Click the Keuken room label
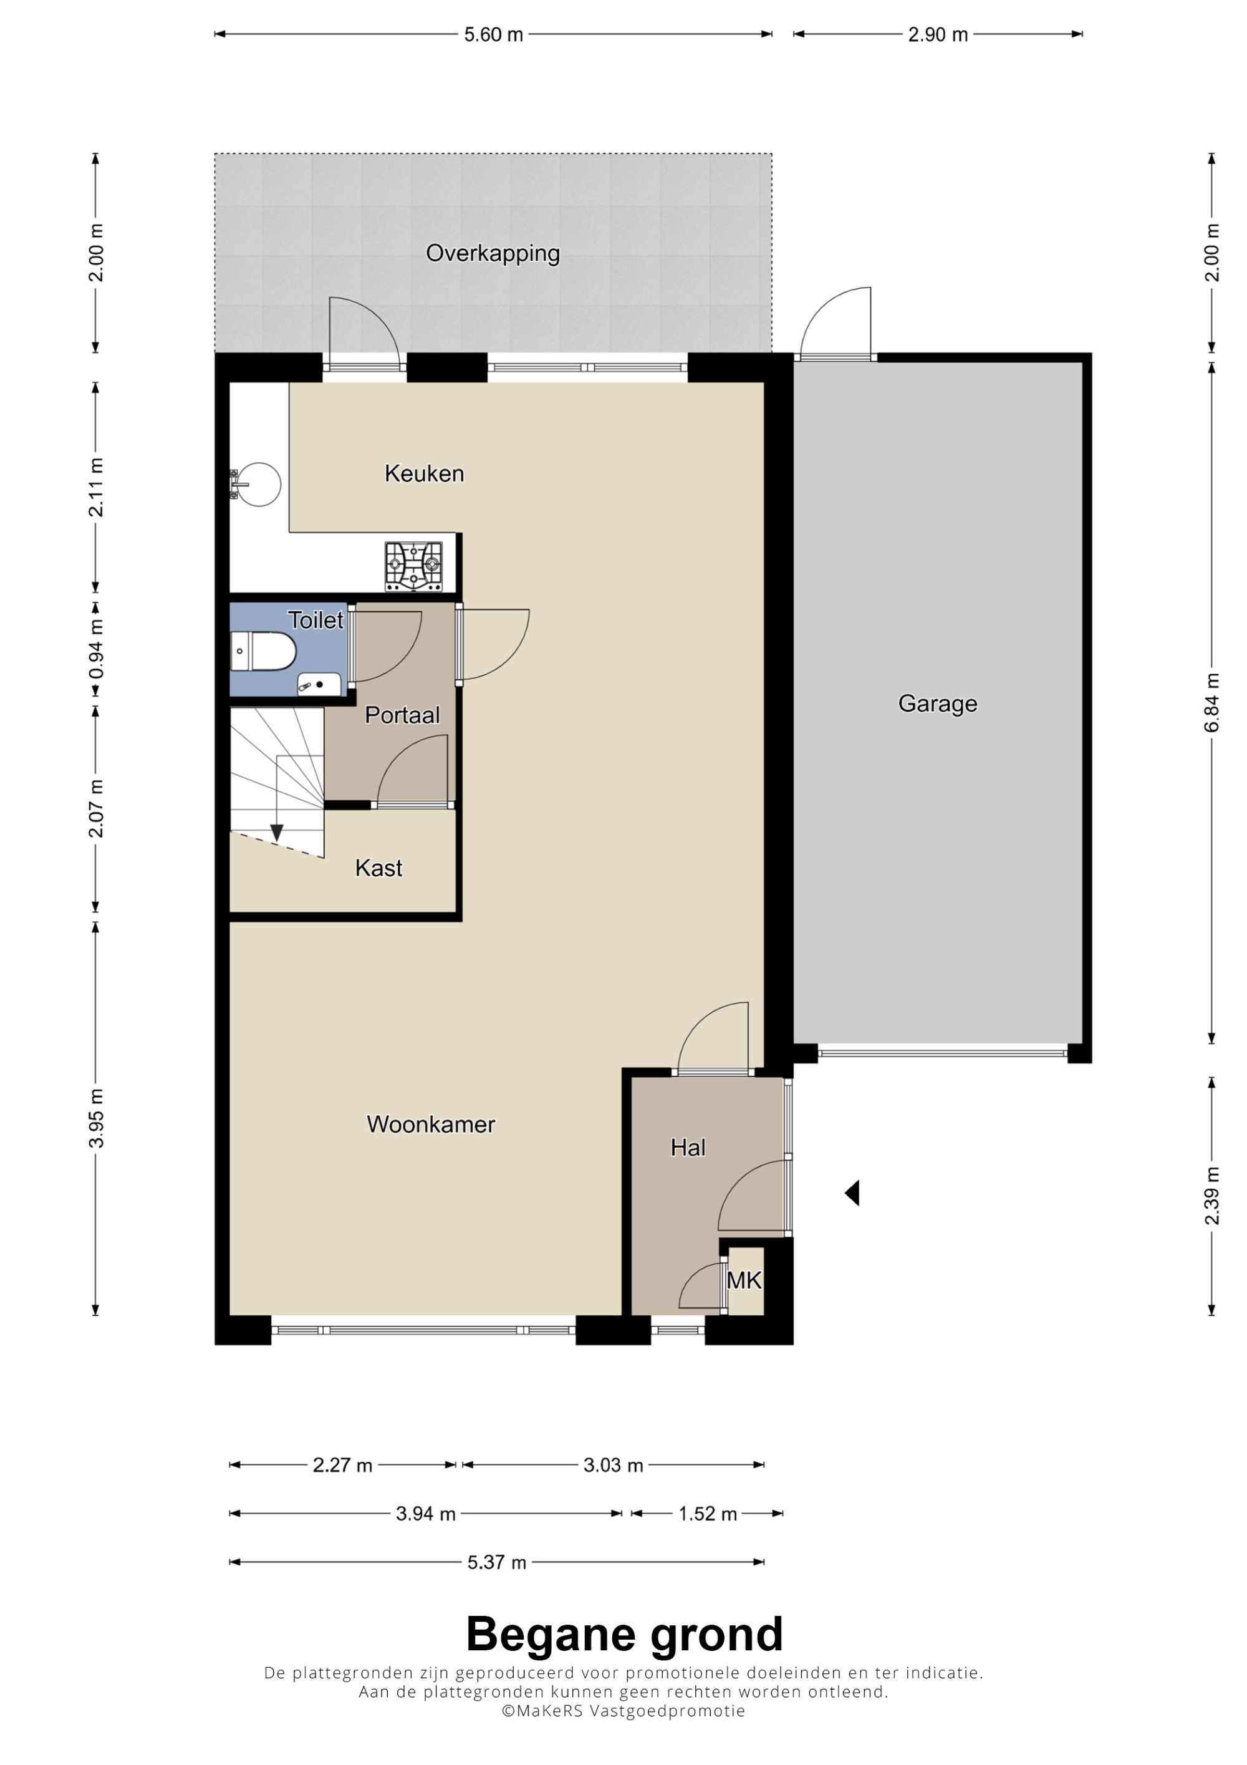click(x=424, y=473)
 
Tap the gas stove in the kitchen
click(x=414, y=566)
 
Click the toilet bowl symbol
click(x=262, y=652)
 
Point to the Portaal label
click(x=402, y=715)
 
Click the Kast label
click(x=379, y=868)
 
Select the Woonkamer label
click(x=431, y=1124)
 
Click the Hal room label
click(x=688, y=1148)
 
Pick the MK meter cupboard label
click(x=744, y=1280)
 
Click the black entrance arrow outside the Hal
click(x=852, y=1193)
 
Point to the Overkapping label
click(x=493, y=253)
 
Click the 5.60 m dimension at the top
click(x=493, y=34)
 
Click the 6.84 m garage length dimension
click(x=1211, y=704)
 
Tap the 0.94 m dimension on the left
click(x=96, y=650)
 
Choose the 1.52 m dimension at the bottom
click(x=708, y=1514)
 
